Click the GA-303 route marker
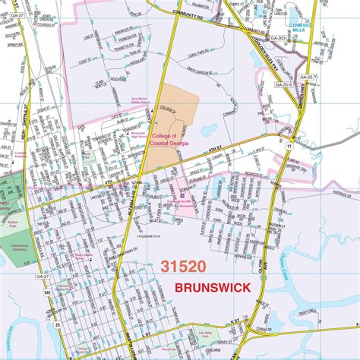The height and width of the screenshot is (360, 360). point(278,39)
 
